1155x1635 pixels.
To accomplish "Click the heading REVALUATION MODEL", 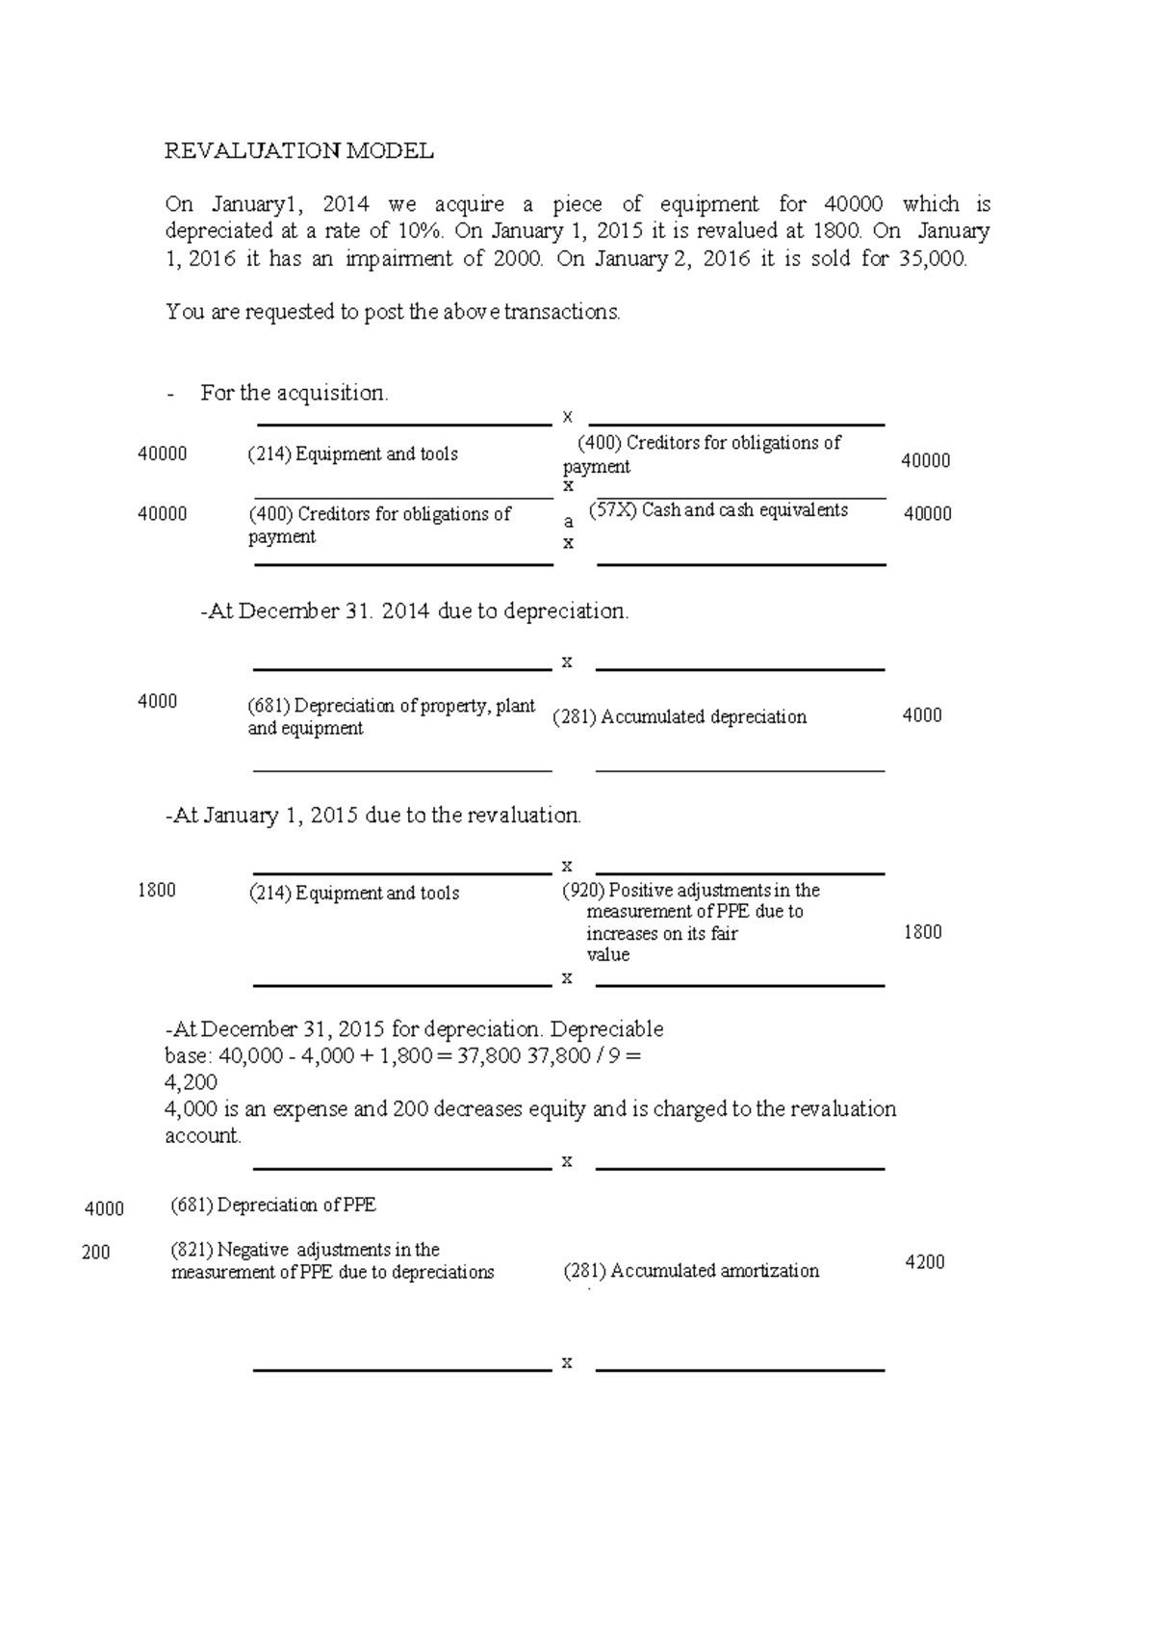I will (x=299, y=151).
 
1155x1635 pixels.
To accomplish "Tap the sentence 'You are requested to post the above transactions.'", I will (x=393, y=312).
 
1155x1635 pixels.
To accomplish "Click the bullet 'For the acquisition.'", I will (x=294, y=393).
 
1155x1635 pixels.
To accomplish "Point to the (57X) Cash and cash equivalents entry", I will (x=718, y=510).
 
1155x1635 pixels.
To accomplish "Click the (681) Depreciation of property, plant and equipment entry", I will (x=390, y=717).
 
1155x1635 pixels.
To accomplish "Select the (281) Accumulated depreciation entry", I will (x=680, y=717).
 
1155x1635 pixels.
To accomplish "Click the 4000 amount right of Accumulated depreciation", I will (x=921, y=715).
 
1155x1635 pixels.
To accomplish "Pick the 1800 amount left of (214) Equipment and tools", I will (x=157, y=891).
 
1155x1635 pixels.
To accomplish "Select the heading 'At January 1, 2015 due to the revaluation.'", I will (x=373, y=816).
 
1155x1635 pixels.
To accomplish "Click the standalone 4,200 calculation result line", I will (x=192, y=1082).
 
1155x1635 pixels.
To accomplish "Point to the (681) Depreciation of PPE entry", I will (x=273, y=1206).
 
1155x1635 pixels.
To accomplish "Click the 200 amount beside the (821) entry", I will (x=96, y=1253).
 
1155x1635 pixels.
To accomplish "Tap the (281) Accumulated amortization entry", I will (x=691, y=1271).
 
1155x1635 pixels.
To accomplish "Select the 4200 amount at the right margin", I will (x=925, y=1262).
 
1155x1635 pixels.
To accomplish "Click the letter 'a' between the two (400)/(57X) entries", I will (x=569, y=522).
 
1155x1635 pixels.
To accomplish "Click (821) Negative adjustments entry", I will (x=332, y=1261).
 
